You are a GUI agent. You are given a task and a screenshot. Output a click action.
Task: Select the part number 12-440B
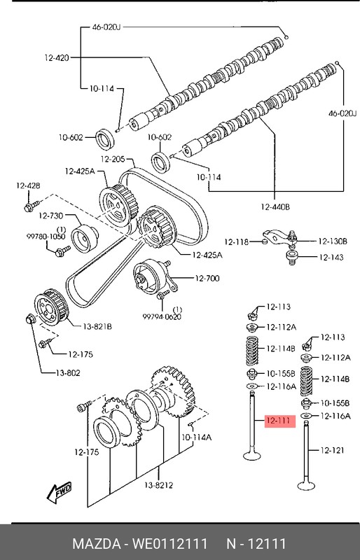click(276, 206)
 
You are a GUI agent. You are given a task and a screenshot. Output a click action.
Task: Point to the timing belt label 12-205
click(113, 159)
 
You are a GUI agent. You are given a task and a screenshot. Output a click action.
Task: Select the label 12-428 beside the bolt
click(29, 185)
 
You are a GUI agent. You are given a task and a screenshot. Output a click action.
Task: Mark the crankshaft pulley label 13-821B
click(98, 325)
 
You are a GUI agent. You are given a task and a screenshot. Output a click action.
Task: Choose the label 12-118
click(237, 242)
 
